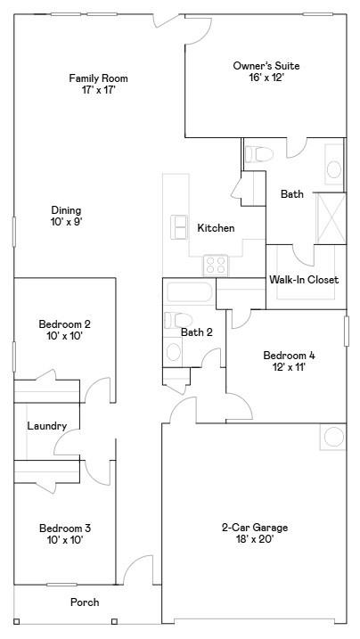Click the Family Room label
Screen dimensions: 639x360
(x=93, y=78)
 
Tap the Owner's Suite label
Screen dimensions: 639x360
(x=266, y=66)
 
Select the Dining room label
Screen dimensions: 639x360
(x=67, y=210)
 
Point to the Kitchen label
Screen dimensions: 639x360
(x=216, y=228)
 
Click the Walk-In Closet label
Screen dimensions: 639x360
(x=304, y=280)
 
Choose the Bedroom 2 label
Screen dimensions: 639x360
(x=64, y=324)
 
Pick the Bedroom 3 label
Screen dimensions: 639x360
(x=64, y=528)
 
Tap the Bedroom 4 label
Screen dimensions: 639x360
(x=289, y=355)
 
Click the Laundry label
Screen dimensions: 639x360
(x=46, y=426)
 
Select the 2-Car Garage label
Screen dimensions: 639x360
(x=255, y=528)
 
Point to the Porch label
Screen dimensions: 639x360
(x=85, y=602)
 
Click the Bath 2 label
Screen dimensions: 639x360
(x=197, y=332)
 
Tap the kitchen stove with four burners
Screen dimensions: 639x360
(x=216, y=265)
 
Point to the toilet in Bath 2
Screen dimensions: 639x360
(x=175, y=320)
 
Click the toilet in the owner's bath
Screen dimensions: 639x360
(x=258, y=154)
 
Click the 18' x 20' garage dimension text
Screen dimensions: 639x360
(x=255, y=538)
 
